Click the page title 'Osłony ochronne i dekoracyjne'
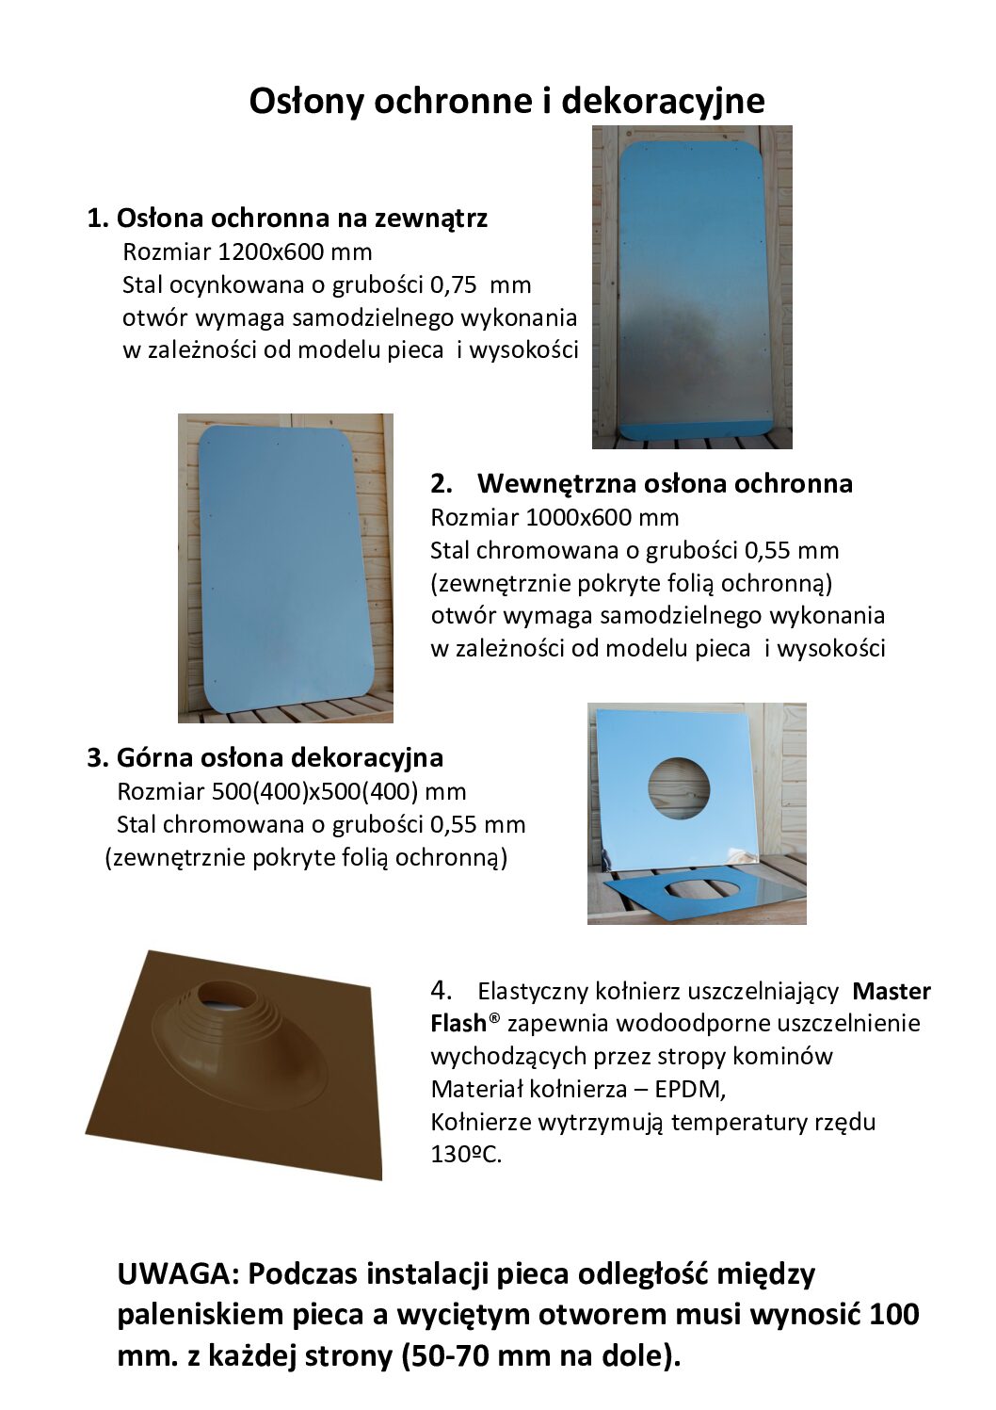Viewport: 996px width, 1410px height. (506, 101)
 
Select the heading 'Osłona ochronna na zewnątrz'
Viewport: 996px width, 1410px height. (301, 219)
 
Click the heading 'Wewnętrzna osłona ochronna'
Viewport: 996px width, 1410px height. (664, 483)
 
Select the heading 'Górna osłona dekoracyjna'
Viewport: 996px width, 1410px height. (279, 757)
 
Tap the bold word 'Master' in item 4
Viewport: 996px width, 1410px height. (891, 991)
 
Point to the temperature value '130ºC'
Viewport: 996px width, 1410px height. (465, 1155)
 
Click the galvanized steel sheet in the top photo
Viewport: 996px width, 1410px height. (691, 283)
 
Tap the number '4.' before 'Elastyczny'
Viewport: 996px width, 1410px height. (442, 991)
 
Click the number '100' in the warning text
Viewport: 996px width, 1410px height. (893, 1315)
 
